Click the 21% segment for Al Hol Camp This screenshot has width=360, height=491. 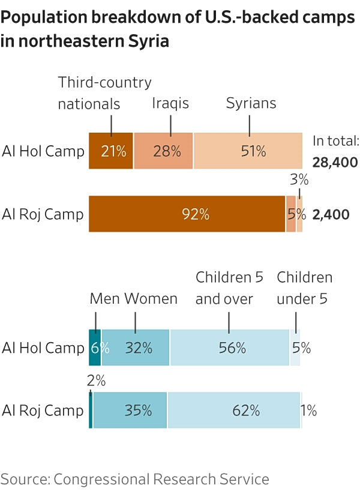111,151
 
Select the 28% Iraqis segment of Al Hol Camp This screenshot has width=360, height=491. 163,151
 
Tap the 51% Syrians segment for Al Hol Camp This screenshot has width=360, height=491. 248,151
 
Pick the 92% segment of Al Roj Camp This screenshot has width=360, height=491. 187,214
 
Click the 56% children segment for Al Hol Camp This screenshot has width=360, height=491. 230,348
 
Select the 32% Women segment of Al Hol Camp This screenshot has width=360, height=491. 136,348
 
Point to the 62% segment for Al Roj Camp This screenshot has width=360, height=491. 234,411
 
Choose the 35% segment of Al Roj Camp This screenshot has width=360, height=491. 130,411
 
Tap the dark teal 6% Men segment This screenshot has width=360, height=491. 95,348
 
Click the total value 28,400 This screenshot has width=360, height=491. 335,162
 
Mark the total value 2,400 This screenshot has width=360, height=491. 331,214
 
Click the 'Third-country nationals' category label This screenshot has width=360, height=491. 104,93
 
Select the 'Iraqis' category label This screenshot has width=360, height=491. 170,103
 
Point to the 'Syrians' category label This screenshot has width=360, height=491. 251,103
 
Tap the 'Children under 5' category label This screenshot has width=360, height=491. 304,288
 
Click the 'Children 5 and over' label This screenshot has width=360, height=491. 230,288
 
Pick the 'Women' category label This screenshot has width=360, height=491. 151,298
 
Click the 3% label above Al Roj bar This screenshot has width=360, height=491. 299,179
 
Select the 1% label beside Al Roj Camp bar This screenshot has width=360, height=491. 309,411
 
